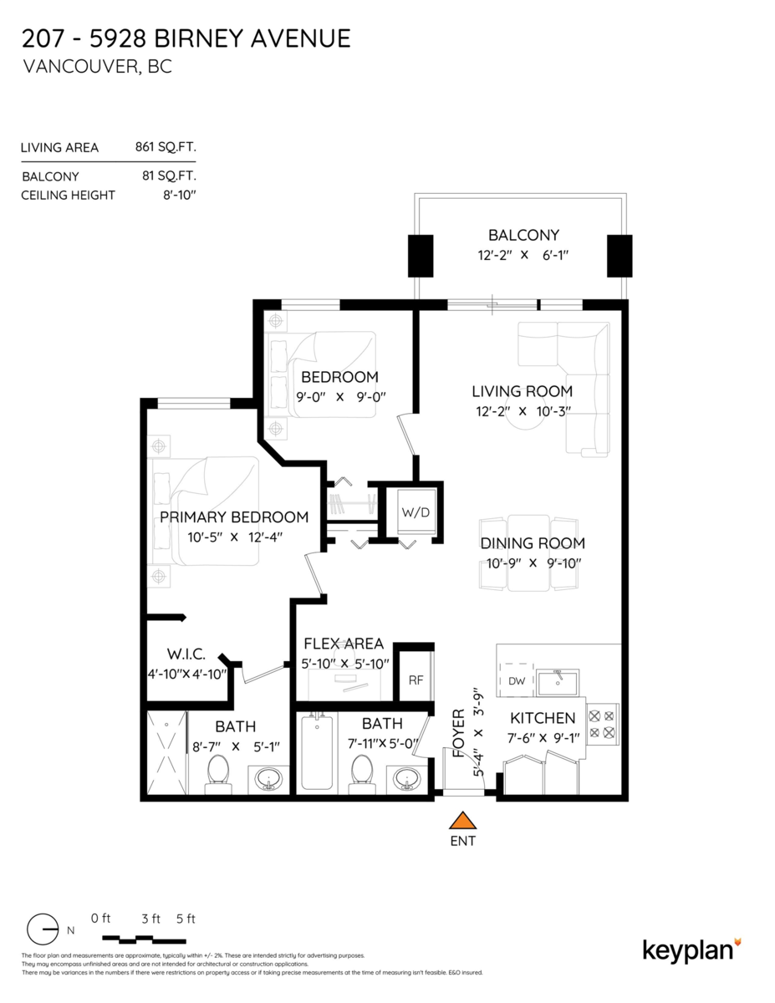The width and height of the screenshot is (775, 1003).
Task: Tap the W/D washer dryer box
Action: tap(415, 512)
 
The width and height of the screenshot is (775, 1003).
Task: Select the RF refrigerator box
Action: tap(416, 680)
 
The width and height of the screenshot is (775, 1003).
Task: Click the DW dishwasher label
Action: tap(517, 681)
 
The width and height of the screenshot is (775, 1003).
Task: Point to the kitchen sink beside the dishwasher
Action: tap(558, 683)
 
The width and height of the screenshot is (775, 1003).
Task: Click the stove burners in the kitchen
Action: tap(603, 723)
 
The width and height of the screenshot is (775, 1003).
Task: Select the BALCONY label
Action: tap(523, 235)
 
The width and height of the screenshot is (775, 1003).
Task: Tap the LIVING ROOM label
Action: tap(522, 391)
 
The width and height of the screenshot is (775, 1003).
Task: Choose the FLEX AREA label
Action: tap(343, 644)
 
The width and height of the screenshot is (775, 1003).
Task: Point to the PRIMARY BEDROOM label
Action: tap(233, 517)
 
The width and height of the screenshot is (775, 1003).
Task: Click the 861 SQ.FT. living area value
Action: tap(165, 147)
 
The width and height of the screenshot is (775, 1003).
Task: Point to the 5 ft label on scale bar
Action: tap(186, 919)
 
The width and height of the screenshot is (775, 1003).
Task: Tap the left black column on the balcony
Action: tap(420, 255)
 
